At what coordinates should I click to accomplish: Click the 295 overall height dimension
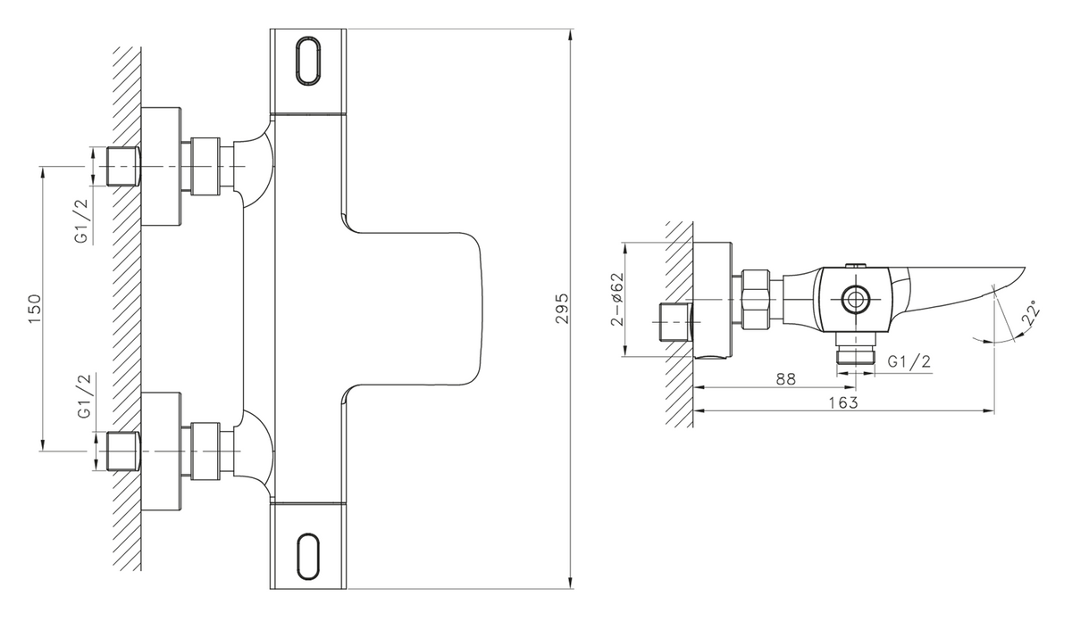tap(562, 309)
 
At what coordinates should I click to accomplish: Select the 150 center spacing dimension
tap(36, 309)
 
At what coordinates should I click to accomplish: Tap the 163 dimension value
tap(842, 402)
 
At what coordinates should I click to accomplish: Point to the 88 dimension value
tap(785, 379)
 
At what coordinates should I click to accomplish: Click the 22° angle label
tap(1030, 313)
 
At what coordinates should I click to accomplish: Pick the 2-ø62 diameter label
tap(618, 299)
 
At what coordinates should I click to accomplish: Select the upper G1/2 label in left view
tap(82, 221)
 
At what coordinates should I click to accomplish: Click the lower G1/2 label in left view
tap(84, 396)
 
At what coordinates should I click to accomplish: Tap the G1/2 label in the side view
tap(909, 361)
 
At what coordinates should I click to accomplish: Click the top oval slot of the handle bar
tap(309, 62)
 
